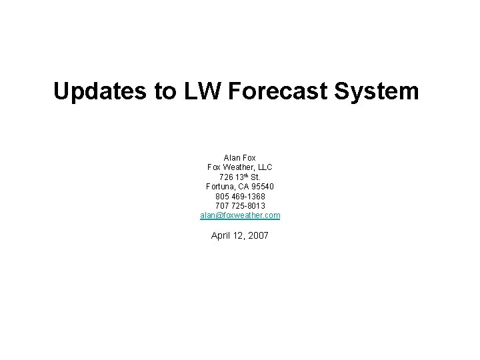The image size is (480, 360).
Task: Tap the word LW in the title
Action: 201,91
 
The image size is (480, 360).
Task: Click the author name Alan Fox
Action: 240,158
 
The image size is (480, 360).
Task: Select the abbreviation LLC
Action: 263,167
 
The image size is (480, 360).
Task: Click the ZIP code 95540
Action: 262,187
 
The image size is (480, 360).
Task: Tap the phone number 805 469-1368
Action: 240,197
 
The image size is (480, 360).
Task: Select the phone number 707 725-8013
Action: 240,206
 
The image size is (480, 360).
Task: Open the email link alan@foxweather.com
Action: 240,216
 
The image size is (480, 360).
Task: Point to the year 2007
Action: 258,235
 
